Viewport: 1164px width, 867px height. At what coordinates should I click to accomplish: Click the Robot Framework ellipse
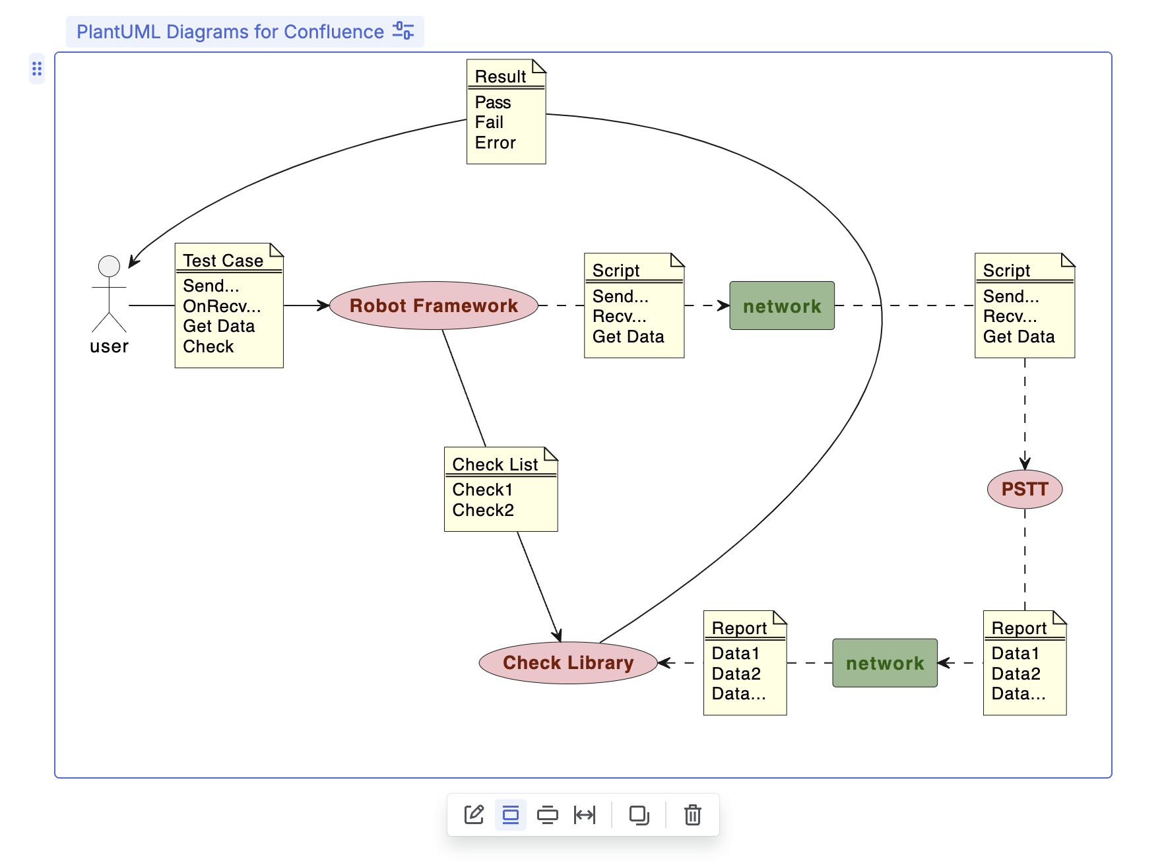[434, 305]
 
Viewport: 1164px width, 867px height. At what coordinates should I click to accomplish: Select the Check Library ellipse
[568, 662]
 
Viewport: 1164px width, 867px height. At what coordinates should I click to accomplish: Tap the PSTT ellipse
[1024, 489]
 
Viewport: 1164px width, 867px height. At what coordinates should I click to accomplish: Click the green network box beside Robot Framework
[782, 305]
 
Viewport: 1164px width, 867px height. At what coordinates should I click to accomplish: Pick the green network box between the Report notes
[885, 663]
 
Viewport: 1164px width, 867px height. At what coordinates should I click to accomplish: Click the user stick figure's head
[109, 266]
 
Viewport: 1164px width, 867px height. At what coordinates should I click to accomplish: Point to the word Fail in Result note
[489, 122]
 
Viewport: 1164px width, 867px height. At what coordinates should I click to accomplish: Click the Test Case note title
[223, 261]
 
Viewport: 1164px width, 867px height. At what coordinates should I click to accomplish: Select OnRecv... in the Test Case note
[222, 306]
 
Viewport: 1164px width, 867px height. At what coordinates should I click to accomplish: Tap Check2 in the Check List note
[483, 510]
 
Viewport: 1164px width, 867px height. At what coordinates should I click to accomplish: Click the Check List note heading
[495, 465]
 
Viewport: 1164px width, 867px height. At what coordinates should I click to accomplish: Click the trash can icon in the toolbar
[692, 815]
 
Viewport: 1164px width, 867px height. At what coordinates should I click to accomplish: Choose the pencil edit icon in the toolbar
[474, 815]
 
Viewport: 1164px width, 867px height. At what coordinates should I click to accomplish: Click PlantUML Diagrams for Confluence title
[230, 32]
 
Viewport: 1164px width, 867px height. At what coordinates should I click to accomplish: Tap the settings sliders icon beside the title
[403, 31]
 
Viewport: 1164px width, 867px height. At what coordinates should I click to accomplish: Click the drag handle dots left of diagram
[37, 69]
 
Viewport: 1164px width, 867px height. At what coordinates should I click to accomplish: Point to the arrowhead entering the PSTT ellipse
[1025, 464]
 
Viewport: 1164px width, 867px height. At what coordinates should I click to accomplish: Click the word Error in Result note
[495, 143]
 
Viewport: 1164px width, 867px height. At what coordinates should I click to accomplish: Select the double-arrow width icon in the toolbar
[585, 815]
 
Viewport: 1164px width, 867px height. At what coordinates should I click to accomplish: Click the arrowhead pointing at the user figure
[133, 262]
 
